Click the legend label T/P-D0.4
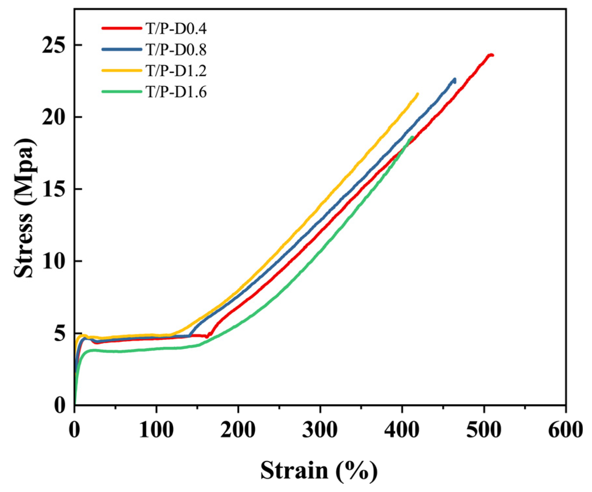176,29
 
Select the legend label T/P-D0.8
176,50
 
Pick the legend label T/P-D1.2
176,71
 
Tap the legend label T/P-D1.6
176,92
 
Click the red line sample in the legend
122,28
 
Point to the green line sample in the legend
122,92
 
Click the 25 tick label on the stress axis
54,45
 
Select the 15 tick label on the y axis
54,189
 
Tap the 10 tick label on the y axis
54,261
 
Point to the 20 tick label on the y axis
54,117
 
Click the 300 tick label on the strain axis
320,429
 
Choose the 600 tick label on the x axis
565,429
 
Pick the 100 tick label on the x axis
156,429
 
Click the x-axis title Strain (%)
319,471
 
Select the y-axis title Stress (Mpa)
25,209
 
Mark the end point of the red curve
492,55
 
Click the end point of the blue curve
455,79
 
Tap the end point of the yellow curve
418,94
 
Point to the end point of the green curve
412,137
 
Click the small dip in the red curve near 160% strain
207,337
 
